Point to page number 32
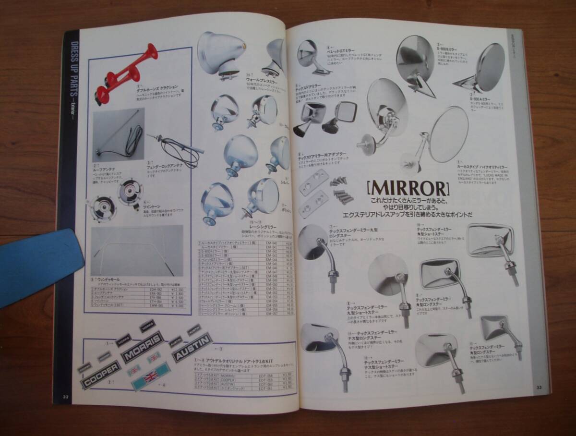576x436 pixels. pos(65,396)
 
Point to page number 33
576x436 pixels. pos(539,387)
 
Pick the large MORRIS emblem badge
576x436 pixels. pos(141,346)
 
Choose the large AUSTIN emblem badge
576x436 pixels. pos(192,347)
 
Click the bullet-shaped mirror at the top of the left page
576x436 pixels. pos(220,53)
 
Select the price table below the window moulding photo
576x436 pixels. pos(136,297)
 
